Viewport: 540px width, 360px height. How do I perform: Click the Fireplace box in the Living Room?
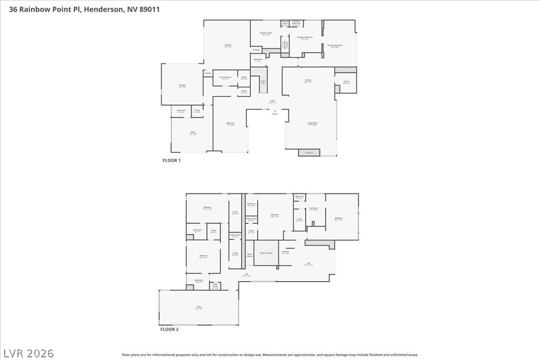click(309, 153)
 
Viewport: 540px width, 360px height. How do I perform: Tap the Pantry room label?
click(346, 82)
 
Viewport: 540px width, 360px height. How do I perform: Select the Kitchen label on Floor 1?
click(308, 81)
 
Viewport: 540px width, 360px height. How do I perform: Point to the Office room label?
click(193, 133)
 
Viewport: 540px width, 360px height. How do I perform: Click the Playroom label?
click(230, 124)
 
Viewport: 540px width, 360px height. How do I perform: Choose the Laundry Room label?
click(225, 77)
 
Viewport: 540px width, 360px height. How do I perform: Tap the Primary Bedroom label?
click(335, 46)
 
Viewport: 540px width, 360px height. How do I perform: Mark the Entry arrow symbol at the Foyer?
click(275, 111)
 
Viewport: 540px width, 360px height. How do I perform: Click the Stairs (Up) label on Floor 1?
click(263, 82)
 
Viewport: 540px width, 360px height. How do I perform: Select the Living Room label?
click(312, 124)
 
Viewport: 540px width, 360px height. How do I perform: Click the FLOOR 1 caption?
click(171, 160)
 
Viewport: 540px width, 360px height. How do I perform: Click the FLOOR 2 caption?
click(169, 329)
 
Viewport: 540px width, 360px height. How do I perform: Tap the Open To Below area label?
click(266, 253)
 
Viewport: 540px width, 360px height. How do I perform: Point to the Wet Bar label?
click(285, 252)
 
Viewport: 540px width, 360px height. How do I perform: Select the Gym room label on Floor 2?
click(199, 307)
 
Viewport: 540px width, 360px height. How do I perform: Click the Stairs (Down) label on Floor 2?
click(249, 255)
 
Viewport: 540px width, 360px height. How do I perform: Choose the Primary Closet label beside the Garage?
click(266, 33)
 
